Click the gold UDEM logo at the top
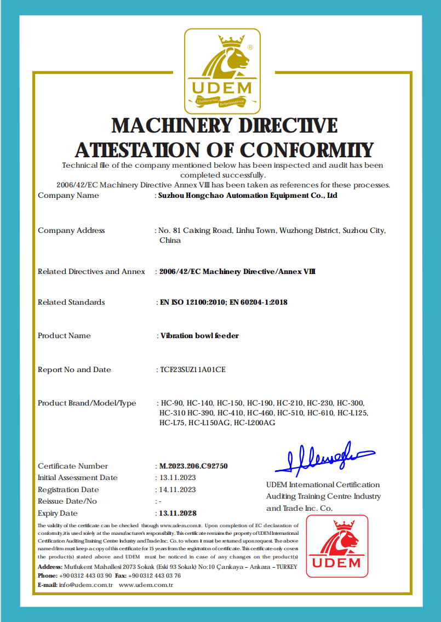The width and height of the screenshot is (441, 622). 222,71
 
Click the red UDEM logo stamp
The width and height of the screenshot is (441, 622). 337,546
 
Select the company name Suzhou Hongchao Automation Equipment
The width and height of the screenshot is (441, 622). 248,196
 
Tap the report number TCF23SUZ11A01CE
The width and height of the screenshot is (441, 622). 192,369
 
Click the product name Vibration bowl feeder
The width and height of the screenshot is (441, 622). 199,335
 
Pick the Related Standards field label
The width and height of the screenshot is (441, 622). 71,302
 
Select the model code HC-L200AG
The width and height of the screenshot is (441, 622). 254,423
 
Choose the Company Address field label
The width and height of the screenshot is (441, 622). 71,230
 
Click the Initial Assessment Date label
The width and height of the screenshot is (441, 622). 78,478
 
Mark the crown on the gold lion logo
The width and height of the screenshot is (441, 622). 232,41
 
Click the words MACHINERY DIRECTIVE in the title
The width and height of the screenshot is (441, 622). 225,125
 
